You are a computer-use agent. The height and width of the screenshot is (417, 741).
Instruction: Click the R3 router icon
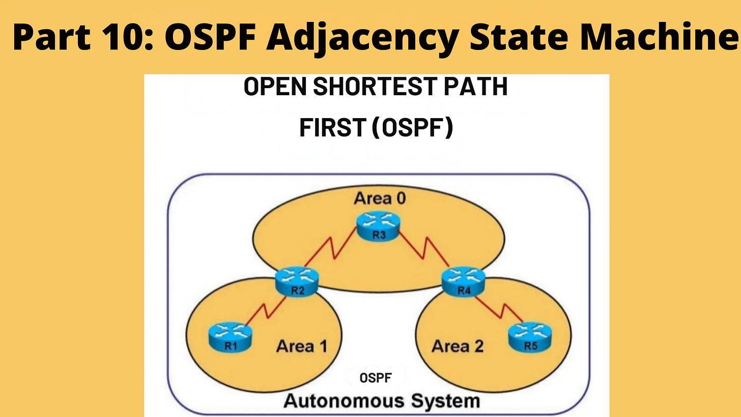[378, 228]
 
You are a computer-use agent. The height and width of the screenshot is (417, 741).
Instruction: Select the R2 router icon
[297, 281]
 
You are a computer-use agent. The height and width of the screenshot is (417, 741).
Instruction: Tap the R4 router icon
[463, 281]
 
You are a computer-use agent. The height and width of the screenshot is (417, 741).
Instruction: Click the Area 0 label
[380, 198]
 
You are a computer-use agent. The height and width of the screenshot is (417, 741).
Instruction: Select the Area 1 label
[301, 346]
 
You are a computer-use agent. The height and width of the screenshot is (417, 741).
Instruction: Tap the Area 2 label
[457, 346]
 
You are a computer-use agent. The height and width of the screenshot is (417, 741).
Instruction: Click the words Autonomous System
[381, 400]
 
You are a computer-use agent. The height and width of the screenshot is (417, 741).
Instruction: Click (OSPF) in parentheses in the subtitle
[412, 127]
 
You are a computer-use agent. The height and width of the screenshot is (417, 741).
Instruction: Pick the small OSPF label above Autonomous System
[376, 377]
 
